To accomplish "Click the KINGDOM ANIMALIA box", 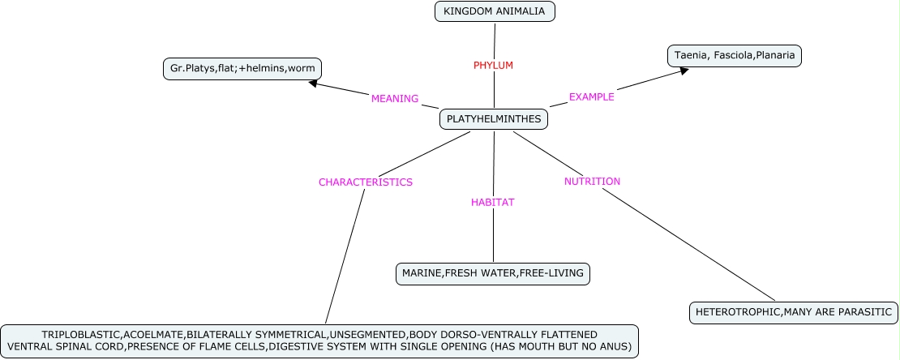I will tap(495, 11).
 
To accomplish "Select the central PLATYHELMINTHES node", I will tap(494, 119).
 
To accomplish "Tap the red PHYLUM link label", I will tap(493, 65).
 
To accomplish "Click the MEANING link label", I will tap(394, 99).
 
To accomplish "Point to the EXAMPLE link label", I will tap(591, 96).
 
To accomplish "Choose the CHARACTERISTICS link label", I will tap(365, 182).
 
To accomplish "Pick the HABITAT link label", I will tap(493, 202).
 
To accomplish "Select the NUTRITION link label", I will tap(592, 182).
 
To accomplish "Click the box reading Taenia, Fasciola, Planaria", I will tap(734, 56).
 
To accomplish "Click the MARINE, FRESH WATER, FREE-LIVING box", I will tap(492, 273).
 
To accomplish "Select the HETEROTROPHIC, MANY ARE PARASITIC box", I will tap(792, 312).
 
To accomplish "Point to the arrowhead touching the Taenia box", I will tap(684, 71).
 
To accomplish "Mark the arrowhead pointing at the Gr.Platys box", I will tap(313, 82).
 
